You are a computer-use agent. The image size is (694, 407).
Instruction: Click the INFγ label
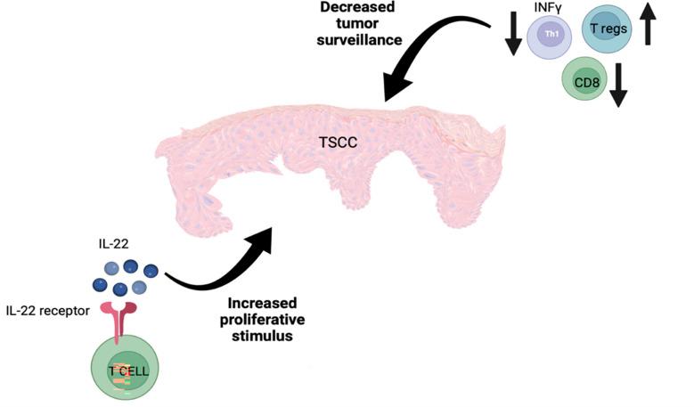pos(548,8)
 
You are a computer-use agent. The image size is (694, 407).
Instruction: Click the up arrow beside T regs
pos(648,22)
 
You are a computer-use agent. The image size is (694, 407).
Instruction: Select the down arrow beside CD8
pos(619,85)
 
